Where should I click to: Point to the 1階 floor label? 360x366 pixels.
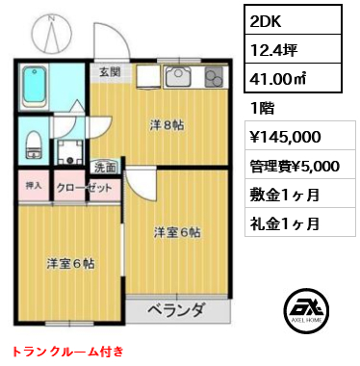click(263, 108)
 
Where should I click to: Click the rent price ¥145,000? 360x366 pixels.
click(291, 136)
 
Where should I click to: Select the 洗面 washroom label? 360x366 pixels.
click(105, 167)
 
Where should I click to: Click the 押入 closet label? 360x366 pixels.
click(32, 185)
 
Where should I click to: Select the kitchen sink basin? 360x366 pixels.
click(178, 78)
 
